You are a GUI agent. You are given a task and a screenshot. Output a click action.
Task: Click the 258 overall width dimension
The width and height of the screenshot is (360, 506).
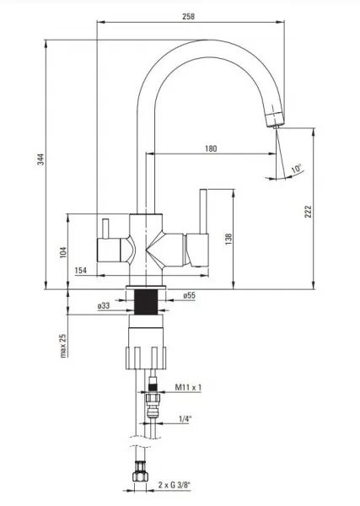tap(188, 16)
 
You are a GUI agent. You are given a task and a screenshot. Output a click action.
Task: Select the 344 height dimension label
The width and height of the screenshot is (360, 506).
tap(40, 159)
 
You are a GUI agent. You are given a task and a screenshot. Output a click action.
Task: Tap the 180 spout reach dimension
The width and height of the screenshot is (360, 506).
tap(211, 148)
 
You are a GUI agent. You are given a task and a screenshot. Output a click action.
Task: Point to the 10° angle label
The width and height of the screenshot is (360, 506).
tap(296, 169)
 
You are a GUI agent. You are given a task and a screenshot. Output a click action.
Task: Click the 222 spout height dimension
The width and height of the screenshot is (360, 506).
tap(308, 212)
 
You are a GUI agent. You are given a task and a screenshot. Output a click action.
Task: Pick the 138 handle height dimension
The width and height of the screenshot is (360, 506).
tap(228, 240)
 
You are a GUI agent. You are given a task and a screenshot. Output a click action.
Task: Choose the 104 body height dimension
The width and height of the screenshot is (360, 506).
tap(63, 252)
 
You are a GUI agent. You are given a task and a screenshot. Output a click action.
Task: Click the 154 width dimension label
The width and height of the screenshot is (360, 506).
tap(81, 270)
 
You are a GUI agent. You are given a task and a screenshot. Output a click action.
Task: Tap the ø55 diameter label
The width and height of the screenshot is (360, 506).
tap(189, 295)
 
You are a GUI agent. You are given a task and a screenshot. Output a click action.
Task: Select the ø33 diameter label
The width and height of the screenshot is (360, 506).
tap(104, 305)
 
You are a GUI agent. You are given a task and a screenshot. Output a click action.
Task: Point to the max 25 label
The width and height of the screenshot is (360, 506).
tap(63, 346)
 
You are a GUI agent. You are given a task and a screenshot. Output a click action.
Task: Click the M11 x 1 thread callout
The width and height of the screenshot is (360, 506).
tap(188, 387)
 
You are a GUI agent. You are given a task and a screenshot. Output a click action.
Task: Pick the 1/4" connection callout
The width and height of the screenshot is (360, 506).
tap(185, 419)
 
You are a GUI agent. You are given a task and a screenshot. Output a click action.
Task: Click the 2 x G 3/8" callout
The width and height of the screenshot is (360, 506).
tap(175, 485)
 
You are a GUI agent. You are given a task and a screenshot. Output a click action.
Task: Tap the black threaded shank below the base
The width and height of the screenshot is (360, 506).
tap(146, 302)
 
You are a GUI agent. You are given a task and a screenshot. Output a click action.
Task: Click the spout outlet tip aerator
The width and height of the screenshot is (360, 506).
tap(275, 119)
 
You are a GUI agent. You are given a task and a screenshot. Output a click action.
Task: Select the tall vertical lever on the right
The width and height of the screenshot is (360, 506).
tap(203, 211)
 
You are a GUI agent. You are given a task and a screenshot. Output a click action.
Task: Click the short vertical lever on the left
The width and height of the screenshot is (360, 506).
tap(105, 229)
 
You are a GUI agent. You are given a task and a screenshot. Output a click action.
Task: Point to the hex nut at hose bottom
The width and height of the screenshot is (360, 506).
tap(140, 474)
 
